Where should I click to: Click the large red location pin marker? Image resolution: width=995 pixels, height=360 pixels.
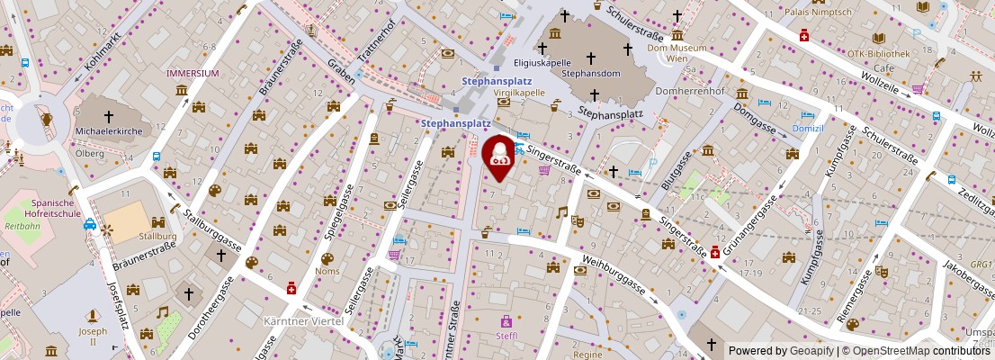[x=499, y=155]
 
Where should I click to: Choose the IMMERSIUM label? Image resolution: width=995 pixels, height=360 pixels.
[x=193, y=73]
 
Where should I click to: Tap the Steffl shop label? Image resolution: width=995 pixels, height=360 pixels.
[x=506, y=337]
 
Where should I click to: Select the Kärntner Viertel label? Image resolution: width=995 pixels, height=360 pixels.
[x=298, y=320]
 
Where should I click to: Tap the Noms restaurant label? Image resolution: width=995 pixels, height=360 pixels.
[x=327, y=271]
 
